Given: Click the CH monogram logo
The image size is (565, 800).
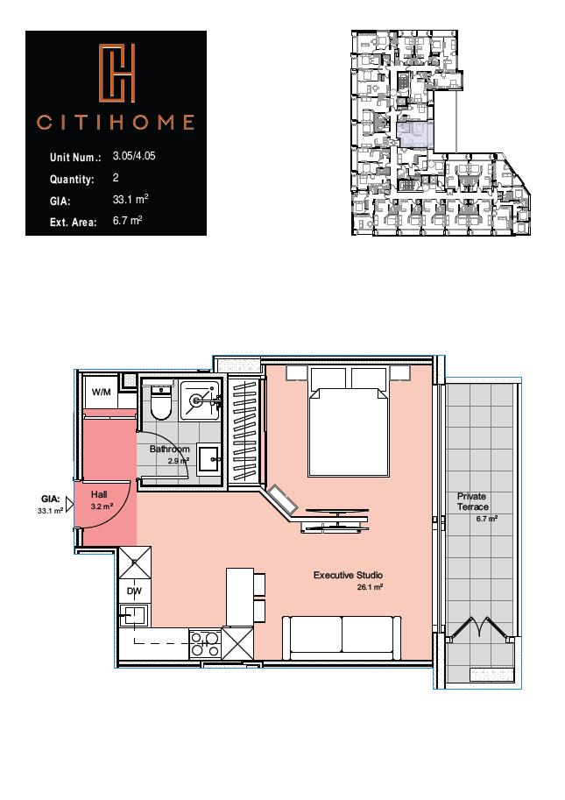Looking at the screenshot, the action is [x=117, y=73].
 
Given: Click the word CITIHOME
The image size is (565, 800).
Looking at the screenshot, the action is [x=116, y=122].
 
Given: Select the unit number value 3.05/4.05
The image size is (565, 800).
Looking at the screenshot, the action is [x=134, y=156].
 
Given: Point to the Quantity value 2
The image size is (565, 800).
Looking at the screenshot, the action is [x=116, y=178].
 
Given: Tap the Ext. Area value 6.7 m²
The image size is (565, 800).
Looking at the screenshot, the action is [x=128, y=221].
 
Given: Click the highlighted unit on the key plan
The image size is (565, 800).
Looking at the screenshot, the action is [x=415, y=135].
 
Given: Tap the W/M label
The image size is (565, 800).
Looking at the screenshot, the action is [x=101, y=392].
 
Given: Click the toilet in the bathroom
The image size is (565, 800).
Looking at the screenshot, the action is [x=161, y=402].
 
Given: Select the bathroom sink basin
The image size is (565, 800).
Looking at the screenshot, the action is [x=209, y=459].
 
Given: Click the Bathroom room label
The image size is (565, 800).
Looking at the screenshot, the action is [x=169, y=449].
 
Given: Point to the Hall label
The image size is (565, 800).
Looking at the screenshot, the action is [x=99, y=494].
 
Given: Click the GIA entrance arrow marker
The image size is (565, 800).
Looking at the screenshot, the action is [x=70, y=506].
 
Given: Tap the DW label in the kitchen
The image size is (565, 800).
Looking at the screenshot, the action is [x=135, y=591].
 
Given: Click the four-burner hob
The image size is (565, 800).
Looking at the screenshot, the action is [x=205, y=644].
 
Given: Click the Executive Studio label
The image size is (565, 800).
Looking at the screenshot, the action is [x=349, y=575].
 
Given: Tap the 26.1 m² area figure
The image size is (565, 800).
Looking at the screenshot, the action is [x=371, y=587].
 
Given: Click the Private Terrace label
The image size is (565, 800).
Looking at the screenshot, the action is [x=473, y=501].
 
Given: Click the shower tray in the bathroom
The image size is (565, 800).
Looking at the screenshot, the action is [x=201, y=401].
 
